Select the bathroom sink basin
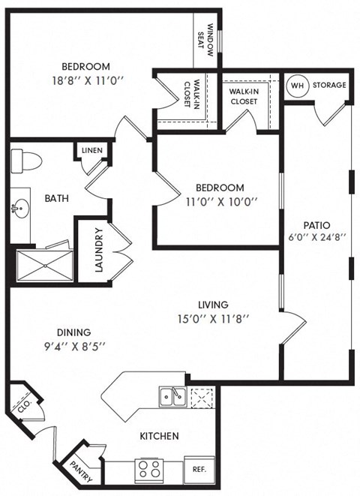19,209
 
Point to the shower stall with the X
45,264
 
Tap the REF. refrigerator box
199,470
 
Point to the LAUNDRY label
98,250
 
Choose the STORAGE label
329,85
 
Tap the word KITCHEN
158,436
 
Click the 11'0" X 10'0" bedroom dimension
220,201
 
